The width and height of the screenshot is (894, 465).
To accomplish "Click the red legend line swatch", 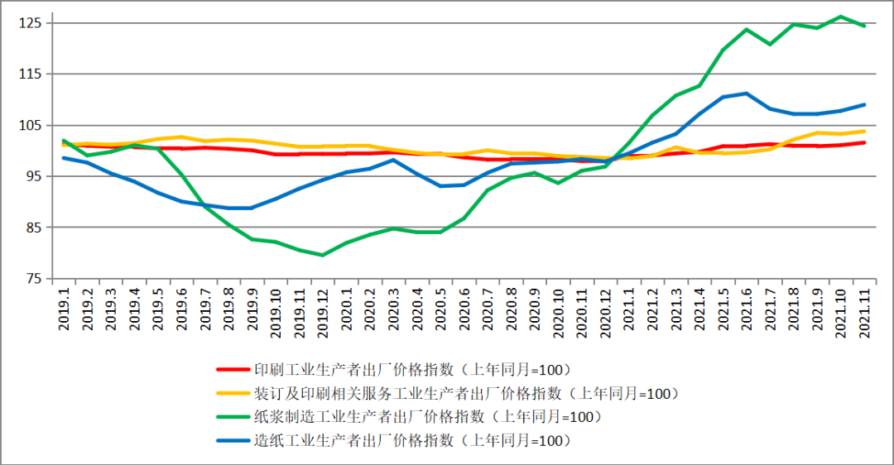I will click(233, 369).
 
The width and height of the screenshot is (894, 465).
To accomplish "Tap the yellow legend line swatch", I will click(233, 393).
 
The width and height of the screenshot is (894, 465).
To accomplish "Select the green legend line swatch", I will click(233, 417).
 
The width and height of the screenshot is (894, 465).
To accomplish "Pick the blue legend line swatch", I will click(233, 441).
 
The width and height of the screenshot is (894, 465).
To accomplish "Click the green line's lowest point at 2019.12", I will click(322, 255).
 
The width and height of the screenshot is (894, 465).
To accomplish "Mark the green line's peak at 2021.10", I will click(840, 17).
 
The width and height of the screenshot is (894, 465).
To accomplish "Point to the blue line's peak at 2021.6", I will click(746, 93).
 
